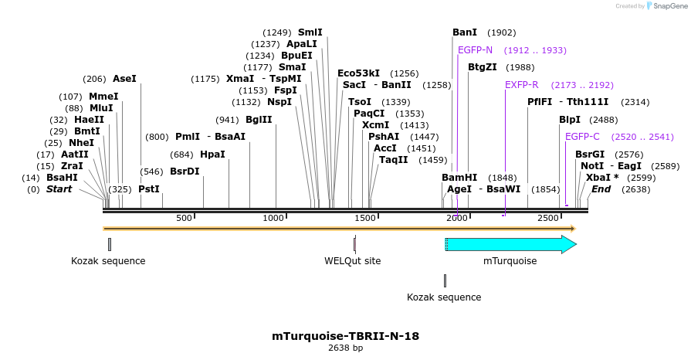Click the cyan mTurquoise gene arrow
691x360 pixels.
pos(510,245)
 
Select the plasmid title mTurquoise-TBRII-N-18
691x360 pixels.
pos(345,336)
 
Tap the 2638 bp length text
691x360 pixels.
pos(345,348)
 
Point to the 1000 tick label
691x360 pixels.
pos(274,219)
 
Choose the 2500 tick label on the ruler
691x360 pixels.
pos(547,219)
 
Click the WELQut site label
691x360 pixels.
pos(352,261)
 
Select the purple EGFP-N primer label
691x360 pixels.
pos(475,50)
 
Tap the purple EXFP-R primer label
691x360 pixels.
pos(522,85)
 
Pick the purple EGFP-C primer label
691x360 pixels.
pos(582,137)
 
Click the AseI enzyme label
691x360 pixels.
pos(124,79)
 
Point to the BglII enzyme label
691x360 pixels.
pos(259,120)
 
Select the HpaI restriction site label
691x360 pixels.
pos(212,155)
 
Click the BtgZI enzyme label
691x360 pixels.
pos(483,67)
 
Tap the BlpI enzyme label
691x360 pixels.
pos(570,120)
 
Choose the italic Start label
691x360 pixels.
pos(59,189)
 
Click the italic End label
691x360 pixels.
pos(601,189)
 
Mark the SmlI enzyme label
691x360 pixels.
pos(310,32)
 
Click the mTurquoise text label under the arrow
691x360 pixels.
pos(510,261)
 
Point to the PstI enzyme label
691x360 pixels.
pos(149,189)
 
